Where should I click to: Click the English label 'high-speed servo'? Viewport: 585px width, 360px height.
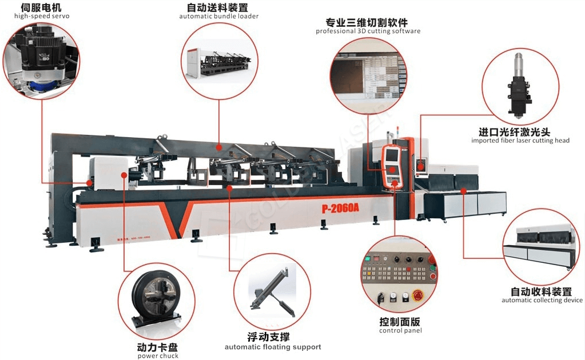click(42, 16)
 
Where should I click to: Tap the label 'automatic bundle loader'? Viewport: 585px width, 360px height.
click(218, 17)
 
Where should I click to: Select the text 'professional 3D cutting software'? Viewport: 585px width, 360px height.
click(368, 31)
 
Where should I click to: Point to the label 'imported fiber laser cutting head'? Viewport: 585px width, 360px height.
click(520, 141)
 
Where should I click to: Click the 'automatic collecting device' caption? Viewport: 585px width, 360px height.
click(542, 301)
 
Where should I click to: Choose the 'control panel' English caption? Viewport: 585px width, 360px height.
click(400, 331)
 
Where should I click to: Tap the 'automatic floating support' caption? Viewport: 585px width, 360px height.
click(273, 347)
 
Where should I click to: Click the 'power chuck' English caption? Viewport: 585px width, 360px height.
click(158, 356)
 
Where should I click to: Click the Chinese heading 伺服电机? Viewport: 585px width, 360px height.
click(42, 7)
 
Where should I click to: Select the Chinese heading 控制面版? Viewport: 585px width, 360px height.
click(400, 321)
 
